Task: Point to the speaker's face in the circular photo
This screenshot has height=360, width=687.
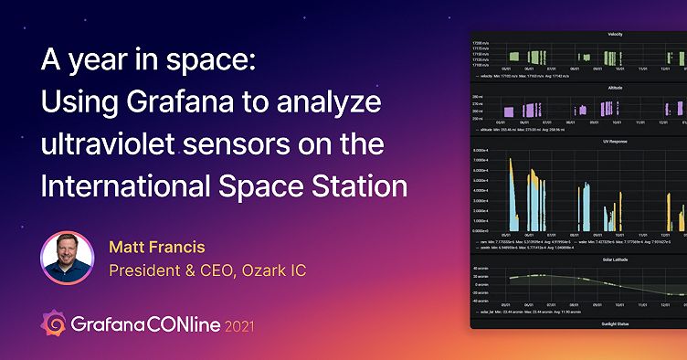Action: (x=67, y=255)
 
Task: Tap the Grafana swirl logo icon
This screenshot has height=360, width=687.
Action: (x=53, y=324)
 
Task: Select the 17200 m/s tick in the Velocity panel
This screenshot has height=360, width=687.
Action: (x=482, y=42)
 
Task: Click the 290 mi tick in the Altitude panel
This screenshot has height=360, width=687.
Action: (x=478, y=96)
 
